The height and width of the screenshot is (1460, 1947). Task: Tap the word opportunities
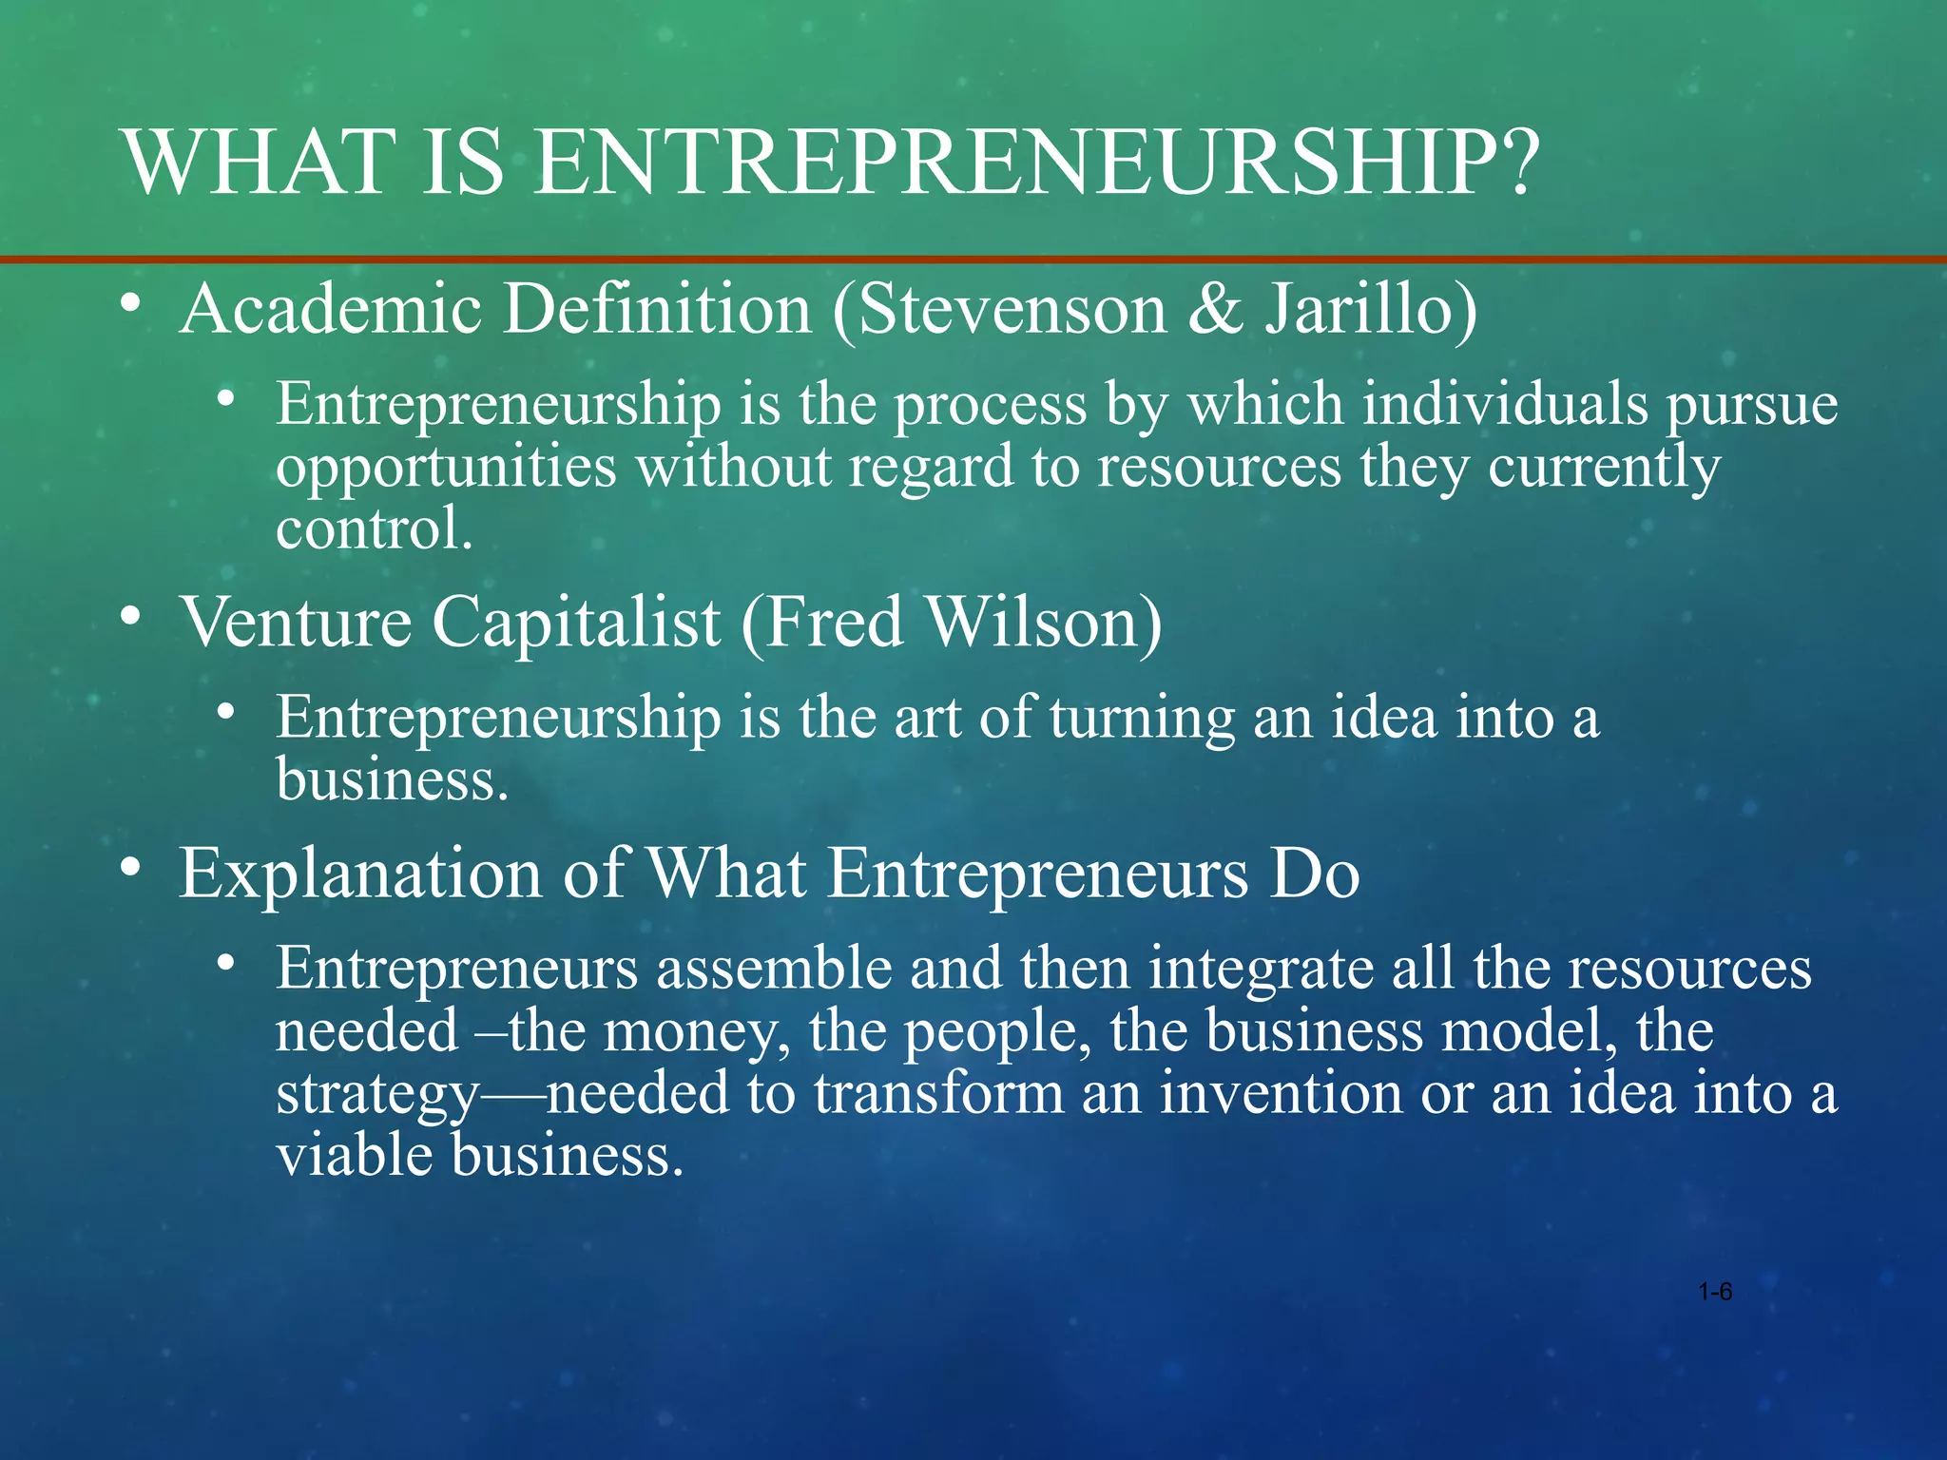pyautogui.click(x=446, y=468)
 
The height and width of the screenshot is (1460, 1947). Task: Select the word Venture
pyautogui.click(x=296, y=623)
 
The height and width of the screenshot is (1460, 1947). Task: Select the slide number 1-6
pyautogui.click(x=1715, y=1292)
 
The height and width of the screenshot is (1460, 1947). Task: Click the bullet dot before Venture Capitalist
pyautogui.click(x=131, y=617)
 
